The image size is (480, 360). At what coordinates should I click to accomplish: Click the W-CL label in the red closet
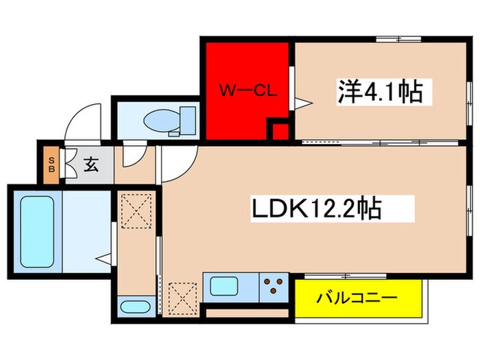click(x=248, y=90)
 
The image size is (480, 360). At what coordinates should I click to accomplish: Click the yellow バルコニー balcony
click(x=357, y=299)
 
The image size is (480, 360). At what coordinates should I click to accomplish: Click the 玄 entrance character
click(x=90, y=165)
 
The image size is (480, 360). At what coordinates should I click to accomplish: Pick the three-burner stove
click(x=272, y=286)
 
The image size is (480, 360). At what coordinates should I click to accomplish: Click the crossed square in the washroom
click(x=135, y=210)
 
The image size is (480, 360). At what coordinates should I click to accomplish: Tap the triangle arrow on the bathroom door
click(x=103, y=259)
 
